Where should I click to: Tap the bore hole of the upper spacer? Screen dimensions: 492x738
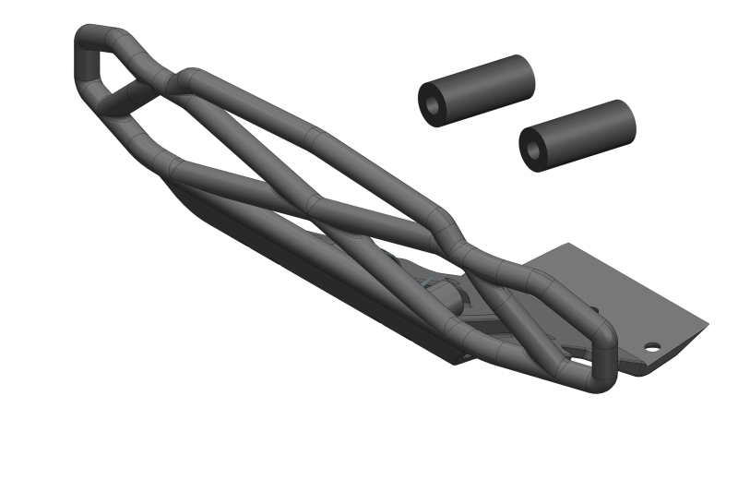(x=433, y=103)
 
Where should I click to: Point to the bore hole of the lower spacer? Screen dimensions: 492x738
(x=533, y=149)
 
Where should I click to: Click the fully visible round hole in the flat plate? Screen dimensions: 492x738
(x=652, y=349)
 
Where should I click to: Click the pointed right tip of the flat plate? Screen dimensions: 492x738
(x=707, y=324)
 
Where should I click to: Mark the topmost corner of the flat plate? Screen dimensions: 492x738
(x=569, y=245)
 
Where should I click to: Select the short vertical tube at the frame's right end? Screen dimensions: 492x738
(x=604, y=360)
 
